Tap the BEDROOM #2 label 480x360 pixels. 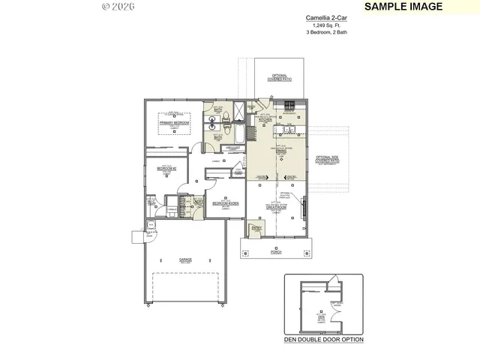(x=166, y=169)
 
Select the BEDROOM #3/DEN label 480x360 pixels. (x=225, y=204)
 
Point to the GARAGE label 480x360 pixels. (x=184, y=259)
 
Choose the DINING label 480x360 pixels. (x=281, y=151)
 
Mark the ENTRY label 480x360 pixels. (x=256, y=227)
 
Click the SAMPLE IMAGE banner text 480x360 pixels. (x=403, y=7)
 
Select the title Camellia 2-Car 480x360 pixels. (x=326, y=17)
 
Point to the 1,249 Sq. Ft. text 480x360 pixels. (x=326, y=25)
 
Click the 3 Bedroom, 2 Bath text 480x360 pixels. (x=326, y=33)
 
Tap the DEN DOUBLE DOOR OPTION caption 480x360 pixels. (x=324, y=340)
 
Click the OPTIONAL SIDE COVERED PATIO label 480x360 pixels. (x=328, y=158)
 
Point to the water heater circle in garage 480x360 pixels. (x=151, y=224)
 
